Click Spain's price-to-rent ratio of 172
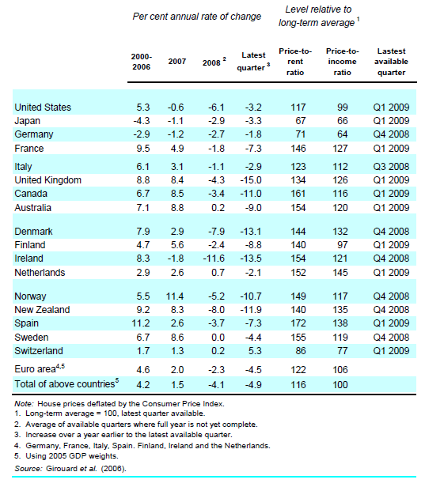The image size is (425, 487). pos(297,324)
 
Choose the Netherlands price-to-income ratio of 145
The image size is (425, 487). pos(340,273)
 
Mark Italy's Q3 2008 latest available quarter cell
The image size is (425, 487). pos(390,167)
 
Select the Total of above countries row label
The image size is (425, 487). pos(63,384)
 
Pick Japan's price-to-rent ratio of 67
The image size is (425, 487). pos(297,121)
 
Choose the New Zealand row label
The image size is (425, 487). pos(43,310)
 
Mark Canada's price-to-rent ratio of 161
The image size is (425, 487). pos(297,194)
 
